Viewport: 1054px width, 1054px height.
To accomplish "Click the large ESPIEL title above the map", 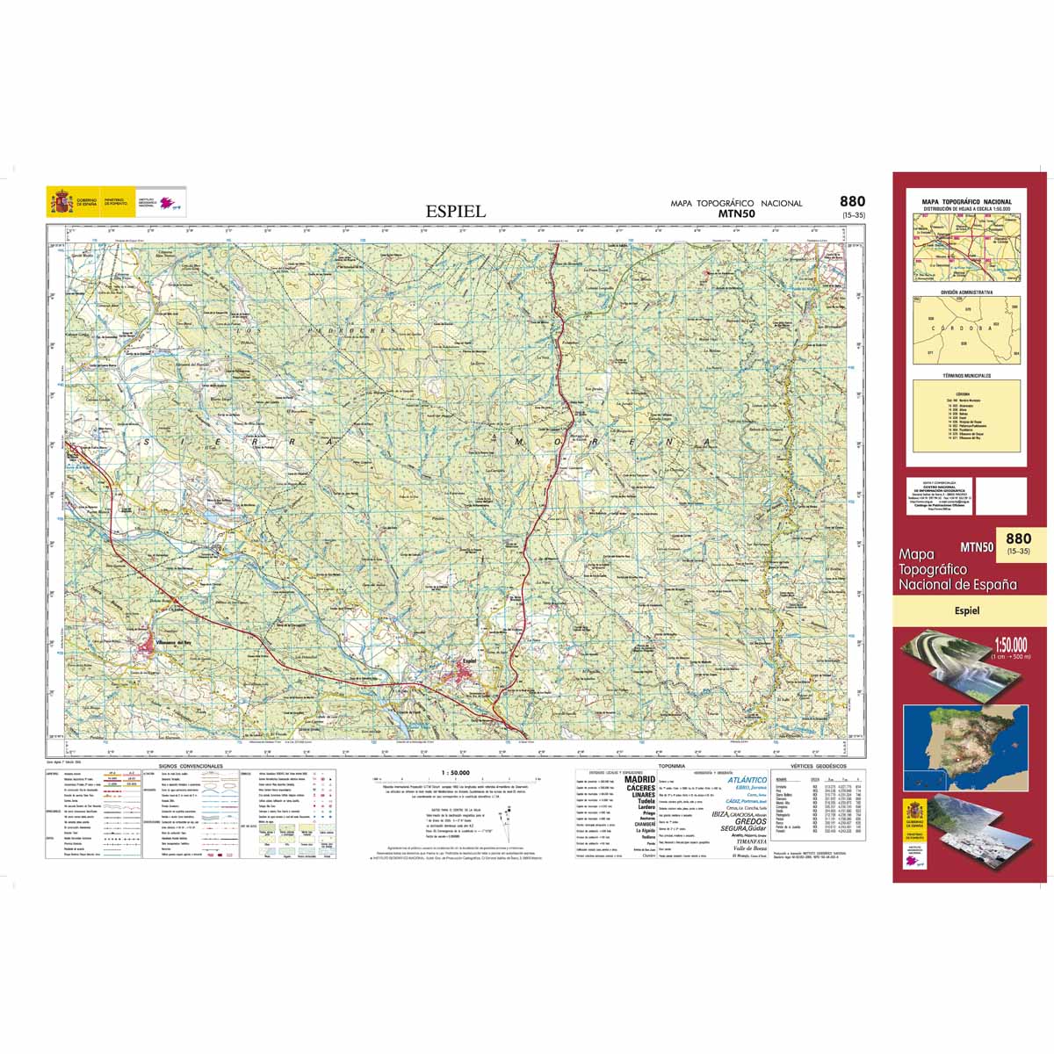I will click(455, 211).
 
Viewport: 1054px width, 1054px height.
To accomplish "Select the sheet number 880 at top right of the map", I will click(851, 202).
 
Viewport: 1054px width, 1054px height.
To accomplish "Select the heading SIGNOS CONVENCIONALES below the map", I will click(191, 766).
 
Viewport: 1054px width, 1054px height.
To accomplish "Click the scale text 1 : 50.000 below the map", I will click(451, 772).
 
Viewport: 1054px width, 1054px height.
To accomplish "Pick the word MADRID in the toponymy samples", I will click(639, 779).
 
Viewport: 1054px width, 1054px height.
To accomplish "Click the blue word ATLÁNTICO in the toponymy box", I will click(747, 780).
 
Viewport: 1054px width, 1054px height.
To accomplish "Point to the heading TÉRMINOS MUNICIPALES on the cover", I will click(966, 375).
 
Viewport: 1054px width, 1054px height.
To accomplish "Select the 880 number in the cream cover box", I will click(1018, 538).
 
